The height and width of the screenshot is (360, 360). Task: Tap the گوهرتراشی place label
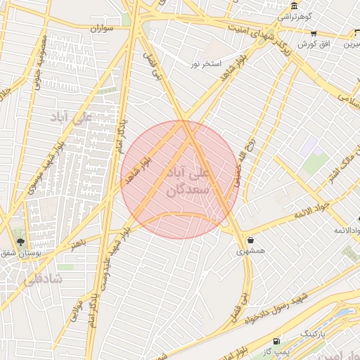[x=292, y=15]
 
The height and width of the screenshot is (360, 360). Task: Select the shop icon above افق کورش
[x=313, y=33]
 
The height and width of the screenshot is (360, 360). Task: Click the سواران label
[x=101, y=29]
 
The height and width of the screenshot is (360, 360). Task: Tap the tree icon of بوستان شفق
[x=20, y=241]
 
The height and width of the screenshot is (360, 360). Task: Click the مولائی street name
[x=76, y=311]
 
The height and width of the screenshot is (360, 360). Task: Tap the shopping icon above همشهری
[x=251, y=240]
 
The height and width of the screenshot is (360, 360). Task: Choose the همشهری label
[x=251, y=250]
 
